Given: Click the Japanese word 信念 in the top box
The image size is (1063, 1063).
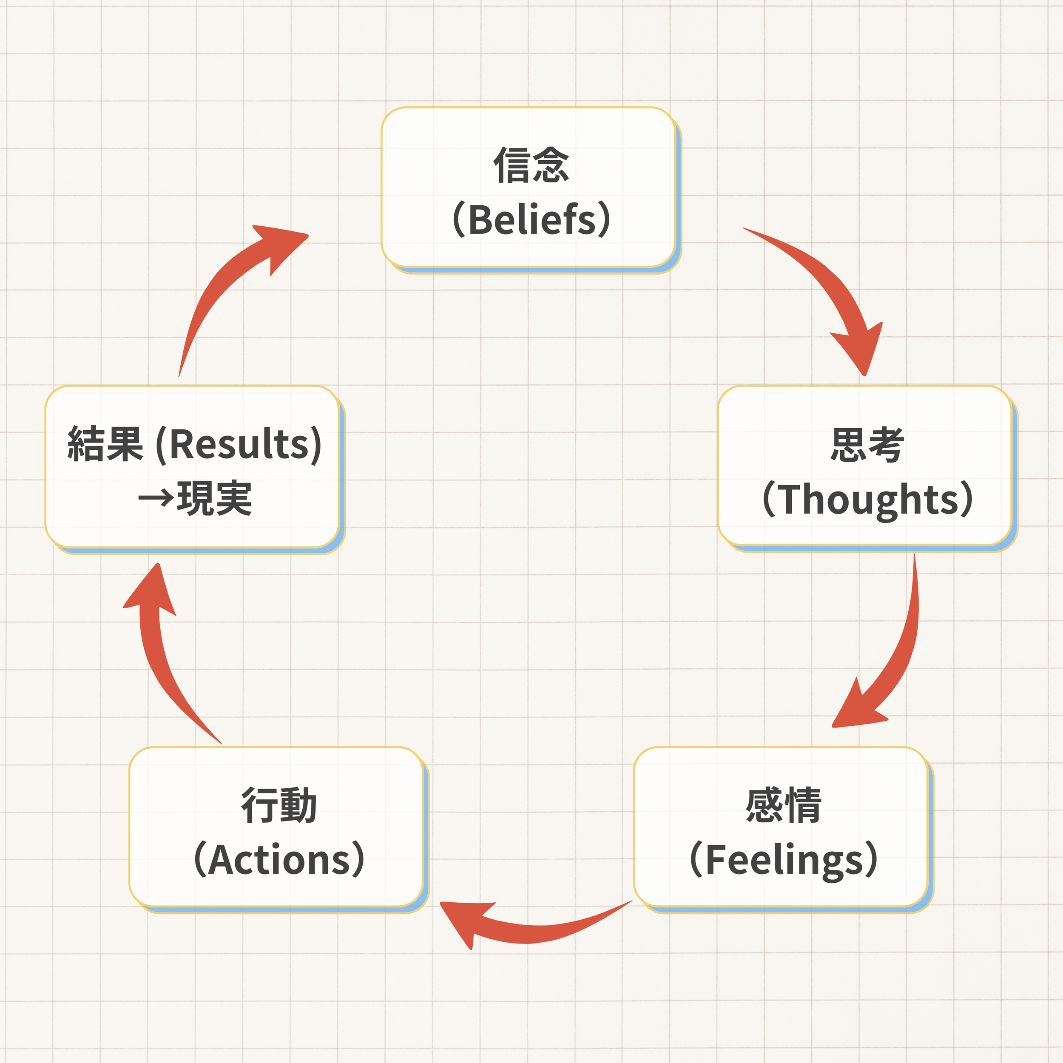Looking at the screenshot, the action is point(531,165).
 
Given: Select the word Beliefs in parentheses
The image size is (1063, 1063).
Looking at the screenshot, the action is point(532,219).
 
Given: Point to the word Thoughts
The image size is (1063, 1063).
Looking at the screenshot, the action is point(869,500).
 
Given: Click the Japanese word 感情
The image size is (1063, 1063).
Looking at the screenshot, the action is point(784,805).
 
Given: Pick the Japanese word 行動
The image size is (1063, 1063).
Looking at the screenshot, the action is point(279,805).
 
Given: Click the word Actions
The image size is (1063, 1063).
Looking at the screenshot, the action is point(279,859).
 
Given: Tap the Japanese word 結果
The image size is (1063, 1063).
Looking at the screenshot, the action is point(105,443).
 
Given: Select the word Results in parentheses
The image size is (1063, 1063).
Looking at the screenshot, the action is point(239,443).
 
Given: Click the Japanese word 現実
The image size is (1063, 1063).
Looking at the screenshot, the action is point(214,498).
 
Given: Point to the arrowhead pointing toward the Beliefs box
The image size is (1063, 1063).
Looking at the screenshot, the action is point(281,245).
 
